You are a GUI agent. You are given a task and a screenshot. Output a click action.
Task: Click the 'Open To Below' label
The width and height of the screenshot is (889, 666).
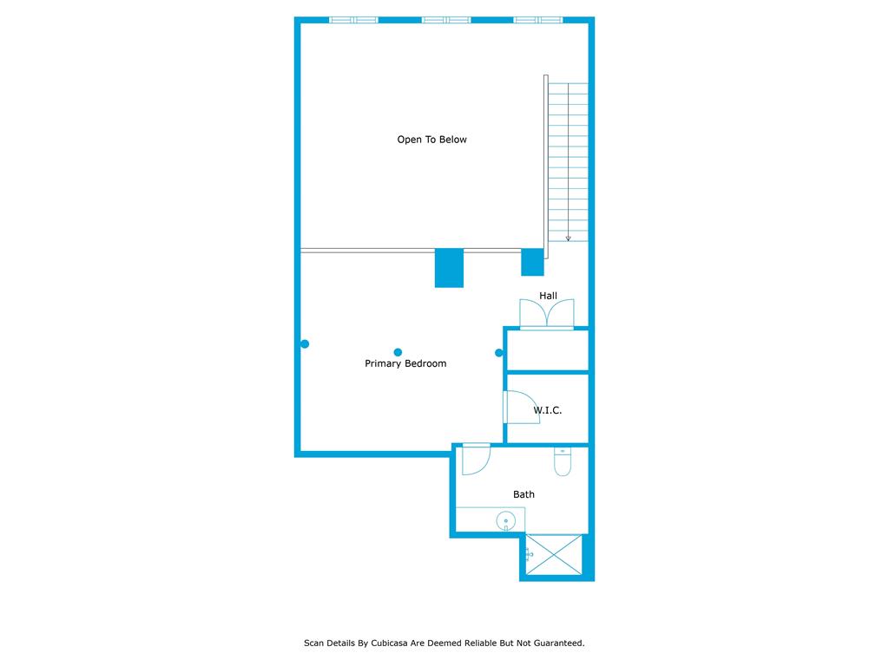click(x=431, y=140)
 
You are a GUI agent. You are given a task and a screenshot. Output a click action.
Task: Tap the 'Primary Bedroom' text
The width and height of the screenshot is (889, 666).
click(x=405, y=364)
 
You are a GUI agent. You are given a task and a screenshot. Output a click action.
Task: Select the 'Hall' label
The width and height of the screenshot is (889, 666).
click(x=548, y=296)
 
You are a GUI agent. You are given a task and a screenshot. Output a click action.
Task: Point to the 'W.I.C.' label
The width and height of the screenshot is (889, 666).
click(x=547, y=410)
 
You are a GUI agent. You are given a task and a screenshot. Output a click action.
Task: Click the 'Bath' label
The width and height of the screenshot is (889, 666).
click(x=524, y=494)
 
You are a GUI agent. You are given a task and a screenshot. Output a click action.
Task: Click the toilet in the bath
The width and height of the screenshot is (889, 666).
click(x=562, y=462)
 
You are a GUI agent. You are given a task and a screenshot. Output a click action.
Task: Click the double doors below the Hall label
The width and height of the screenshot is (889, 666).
click(x=547, y=314)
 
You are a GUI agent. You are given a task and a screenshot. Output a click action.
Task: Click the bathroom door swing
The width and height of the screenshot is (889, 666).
click(x=476, y=460)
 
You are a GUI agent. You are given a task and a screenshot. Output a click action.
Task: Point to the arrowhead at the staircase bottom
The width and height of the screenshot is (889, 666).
click(x=568, y=238)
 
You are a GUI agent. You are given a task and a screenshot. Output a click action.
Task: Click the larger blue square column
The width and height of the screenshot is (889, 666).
click(x=449, y=268)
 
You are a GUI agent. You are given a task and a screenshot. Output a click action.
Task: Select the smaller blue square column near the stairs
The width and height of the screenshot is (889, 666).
click(x=532, y=262)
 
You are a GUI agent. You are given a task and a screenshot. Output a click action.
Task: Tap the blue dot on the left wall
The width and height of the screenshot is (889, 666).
click(x=305, y=344)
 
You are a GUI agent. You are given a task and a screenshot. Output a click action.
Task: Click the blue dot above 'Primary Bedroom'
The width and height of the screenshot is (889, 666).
click(x=398, y=352)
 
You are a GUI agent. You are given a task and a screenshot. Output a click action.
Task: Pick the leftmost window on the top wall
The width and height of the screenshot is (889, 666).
click(x=354, y=20)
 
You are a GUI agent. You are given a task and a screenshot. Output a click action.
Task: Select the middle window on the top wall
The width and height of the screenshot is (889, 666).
click(x=446, y=20)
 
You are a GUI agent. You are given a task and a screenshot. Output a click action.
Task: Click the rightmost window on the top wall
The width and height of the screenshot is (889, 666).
click(x=538, y=20)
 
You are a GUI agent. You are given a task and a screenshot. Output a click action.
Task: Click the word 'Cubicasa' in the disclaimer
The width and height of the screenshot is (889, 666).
click(x=392, y=643)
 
